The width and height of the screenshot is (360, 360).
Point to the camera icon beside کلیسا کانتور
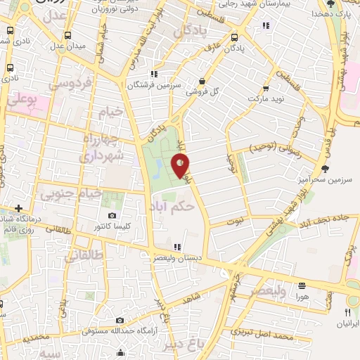(112, 215)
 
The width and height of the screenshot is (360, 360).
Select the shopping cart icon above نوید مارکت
(266, 88)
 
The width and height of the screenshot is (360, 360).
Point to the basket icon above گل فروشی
(202, 81)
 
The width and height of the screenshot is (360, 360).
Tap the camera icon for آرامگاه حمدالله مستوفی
(120, 321)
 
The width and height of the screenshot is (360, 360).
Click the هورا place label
(302, 297)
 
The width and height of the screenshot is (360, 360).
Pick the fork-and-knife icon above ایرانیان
(347, 311)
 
